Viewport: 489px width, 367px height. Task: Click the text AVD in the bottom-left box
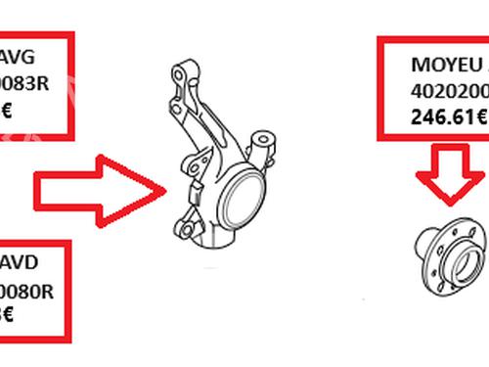[x=21, y=263]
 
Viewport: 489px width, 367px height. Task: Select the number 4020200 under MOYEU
[x=446, y=95]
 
